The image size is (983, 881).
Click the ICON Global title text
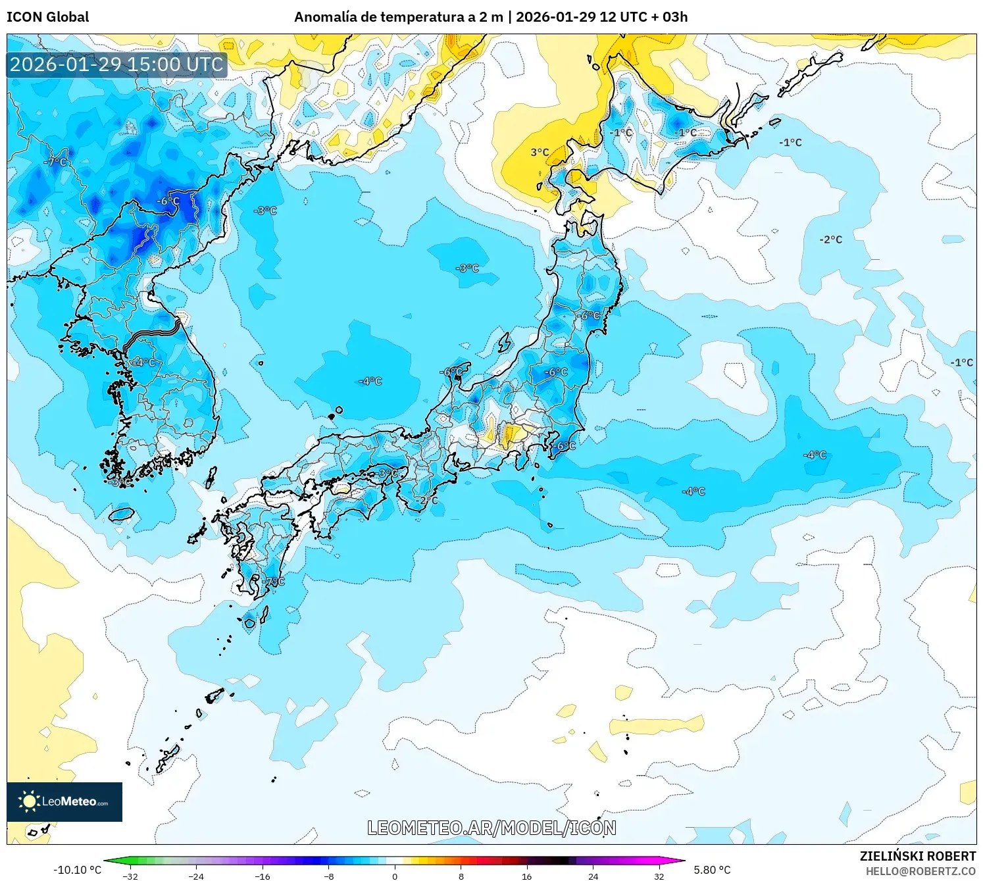[x=47, y=17]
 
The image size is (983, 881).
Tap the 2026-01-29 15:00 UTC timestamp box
[x=116, y=64]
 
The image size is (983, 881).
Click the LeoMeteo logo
[x=64, y=801]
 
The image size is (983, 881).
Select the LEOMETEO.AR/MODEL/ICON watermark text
[x=491, y=828]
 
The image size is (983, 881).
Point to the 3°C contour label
[x=540, y=152]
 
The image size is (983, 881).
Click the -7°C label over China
[x=55, y=161]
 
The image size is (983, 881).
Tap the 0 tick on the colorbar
[x=395, y=876]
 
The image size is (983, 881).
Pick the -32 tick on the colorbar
[x=130, y=876]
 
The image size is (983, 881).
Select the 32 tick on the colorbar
[x=659, y=876]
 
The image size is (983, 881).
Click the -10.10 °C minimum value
[x=77, y=870]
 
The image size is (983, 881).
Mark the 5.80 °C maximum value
[x=712, y=870]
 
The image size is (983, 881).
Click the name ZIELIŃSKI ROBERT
[x=918, y=856]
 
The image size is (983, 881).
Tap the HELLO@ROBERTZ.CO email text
[x=920, y=871]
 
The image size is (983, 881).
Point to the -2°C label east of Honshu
[x=830, y=239]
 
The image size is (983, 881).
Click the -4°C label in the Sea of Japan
[x=370, y=381]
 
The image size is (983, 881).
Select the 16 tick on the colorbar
[x=527, y=876]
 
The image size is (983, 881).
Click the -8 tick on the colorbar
[x=329, y=876]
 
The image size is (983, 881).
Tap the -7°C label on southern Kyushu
[x=274, y=582]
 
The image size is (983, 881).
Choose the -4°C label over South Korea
[x=144, y=362]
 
